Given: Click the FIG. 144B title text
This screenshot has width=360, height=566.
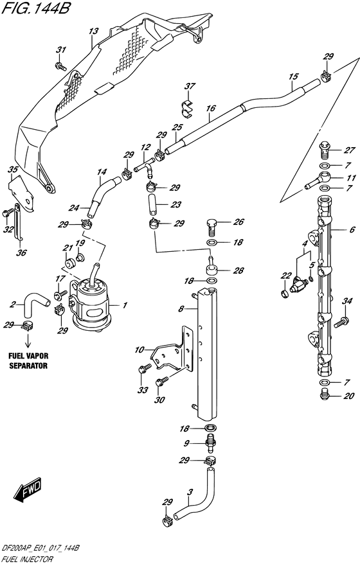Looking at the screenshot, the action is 35,8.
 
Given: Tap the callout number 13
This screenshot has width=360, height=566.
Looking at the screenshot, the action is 93,31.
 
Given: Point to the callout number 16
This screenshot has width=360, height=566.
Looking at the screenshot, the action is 211,109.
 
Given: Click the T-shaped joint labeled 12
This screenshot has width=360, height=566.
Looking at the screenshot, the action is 144,168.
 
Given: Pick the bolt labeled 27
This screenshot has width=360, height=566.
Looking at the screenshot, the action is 324,150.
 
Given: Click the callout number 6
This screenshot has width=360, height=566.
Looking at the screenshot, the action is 352,229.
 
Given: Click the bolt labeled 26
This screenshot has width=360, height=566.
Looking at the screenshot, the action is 212,226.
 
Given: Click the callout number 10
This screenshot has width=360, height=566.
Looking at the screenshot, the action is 139,349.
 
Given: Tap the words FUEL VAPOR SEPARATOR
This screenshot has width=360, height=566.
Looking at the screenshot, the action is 28,360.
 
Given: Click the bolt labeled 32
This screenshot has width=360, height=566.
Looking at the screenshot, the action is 6,213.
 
